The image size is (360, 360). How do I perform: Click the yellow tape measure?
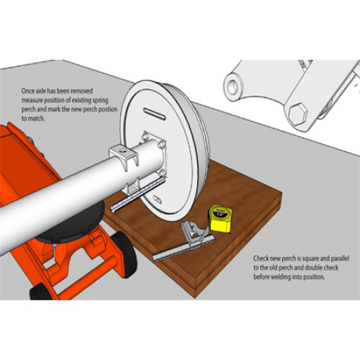[x=220, y=219]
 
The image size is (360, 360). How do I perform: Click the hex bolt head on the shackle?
[x=298, y=114]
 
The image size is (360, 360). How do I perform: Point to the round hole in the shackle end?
[x=233, y=86]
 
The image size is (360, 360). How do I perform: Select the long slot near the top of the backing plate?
[x=155, y=114]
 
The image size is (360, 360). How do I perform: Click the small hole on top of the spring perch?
[x=123, y=150]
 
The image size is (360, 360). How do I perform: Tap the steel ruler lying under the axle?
[x=138, y=194]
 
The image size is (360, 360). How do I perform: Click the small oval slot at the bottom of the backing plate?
[x=158, y=198]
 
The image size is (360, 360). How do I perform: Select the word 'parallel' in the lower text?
[x=340, y=258]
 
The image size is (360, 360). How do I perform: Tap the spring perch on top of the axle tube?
[x=124, y=156]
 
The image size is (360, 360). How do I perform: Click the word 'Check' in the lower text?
[x=261, y=258]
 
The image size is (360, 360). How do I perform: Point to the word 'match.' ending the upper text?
[x=36, y=119]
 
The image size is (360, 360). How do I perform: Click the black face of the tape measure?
[x=220, y=215]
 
